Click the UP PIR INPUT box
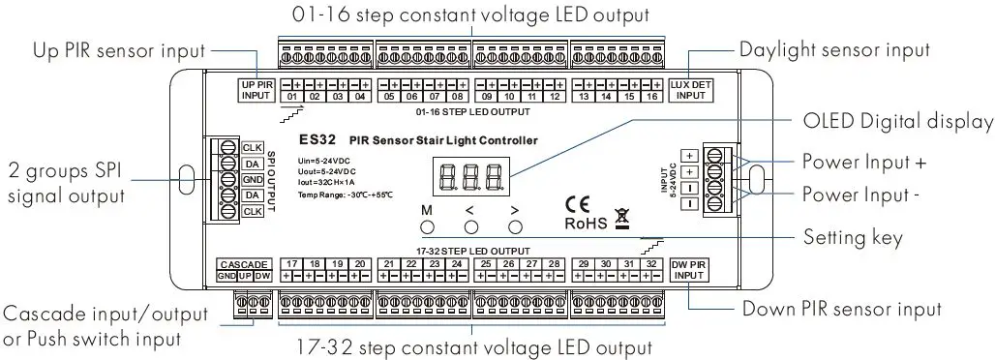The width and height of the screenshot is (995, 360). click(256, 90)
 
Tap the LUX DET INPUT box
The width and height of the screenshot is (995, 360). click(690, 90)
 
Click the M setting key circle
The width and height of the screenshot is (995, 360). click(427, 226)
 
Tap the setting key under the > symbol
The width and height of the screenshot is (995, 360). click(516, 226)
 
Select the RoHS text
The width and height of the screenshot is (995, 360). click(585, 224)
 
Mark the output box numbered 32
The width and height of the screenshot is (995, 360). click(652, 264)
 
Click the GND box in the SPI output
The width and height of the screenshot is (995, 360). click(252, 180)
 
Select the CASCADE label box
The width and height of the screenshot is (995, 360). click(237, 264)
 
